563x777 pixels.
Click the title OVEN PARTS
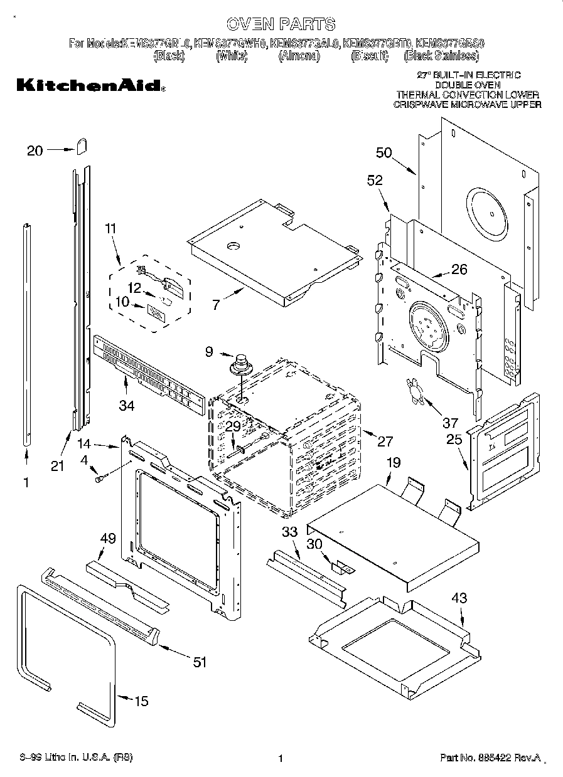point(281,24)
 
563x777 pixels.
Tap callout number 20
point(35,150)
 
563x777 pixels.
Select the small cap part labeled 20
point(82,146)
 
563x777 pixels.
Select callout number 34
point(126,406)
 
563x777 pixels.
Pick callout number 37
point(450,422)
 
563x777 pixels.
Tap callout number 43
point(459,598)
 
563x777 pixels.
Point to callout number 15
point(142,700)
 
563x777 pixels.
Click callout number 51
point(199,662)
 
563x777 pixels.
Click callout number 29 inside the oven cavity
point(233,426)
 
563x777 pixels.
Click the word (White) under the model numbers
point(232,56)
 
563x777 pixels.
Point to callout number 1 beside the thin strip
point(26,482)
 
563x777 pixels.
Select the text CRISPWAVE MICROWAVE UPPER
point(467,105)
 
